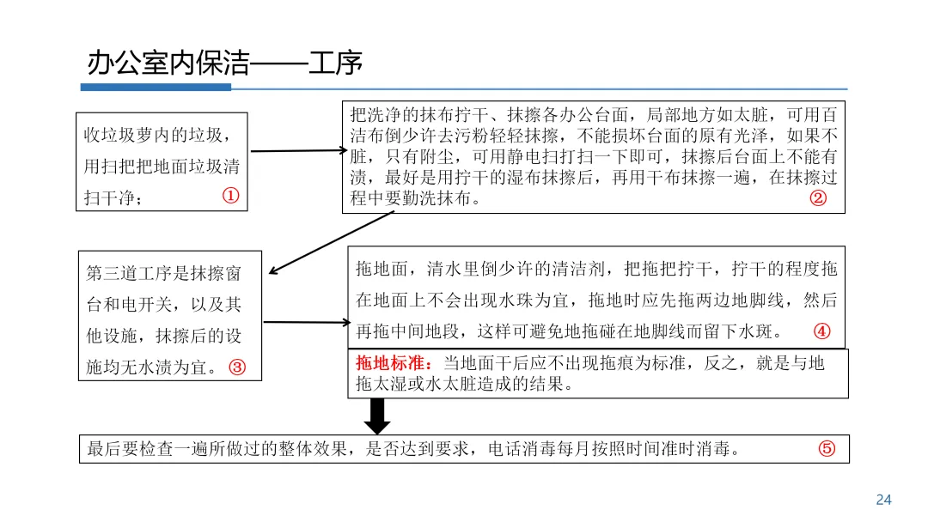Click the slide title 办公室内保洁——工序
[224, 63]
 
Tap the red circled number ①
[230, 197]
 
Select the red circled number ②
[818, 198]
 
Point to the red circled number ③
[238, 367]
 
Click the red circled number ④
[822, 331]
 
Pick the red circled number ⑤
[827, 449]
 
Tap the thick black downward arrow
[379, 416]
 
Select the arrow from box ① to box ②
[297, 151]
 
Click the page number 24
[883, 500]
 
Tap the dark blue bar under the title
[156, 88]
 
